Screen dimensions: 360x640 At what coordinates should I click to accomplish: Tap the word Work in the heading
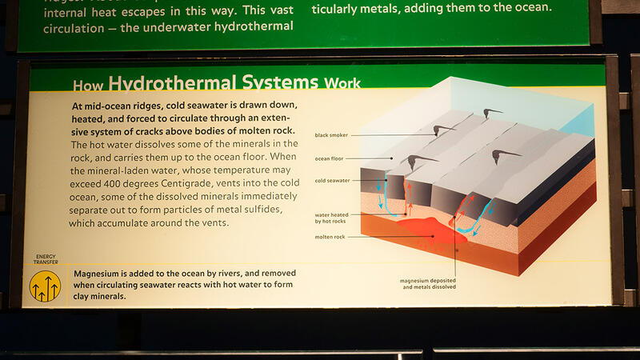click(x=342, y=83)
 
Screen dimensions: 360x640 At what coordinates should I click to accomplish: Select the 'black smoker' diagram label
click(x=332, y=135)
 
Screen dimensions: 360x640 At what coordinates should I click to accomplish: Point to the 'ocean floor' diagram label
click(x=330, y=158)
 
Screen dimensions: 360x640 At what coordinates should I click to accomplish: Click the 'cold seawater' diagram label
click(x=332, y=180)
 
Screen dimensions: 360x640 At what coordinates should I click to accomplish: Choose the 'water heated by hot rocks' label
click(x=330, y=218)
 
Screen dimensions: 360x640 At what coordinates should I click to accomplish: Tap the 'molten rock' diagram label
click(x=330, y=237)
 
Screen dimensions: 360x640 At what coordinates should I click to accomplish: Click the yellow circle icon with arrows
click(x=45, y=286)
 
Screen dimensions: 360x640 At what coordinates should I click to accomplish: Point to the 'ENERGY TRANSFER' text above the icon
click(x=45, y=259)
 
